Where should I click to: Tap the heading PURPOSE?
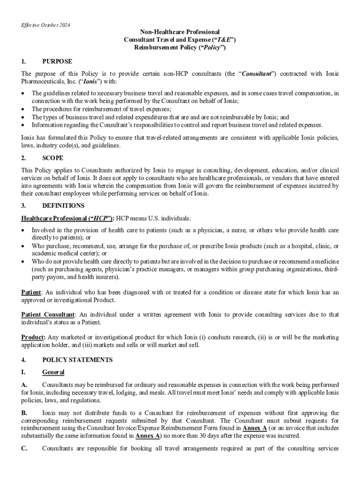pos(57,61)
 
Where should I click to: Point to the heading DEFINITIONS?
pos(63,205)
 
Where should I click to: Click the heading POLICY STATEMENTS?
pos(77,360)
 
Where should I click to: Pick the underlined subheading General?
pos(53,372)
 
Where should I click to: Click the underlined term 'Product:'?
pos(33,337)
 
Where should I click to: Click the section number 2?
pos(24,158)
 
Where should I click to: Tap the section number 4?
pos(24,360)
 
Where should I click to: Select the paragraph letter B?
pos(24,413)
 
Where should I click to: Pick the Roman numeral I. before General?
pos(23,372)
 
